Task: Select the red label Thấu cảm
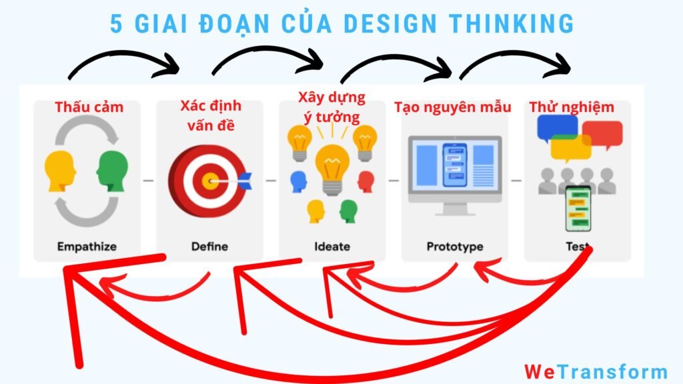point(89,107)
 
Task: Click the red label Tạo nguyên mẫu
point(453,107)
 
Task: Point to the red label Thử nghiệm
point(572,107)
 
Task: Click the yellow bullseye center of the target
point(210,181)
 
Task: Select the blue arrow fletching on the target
point(244,181)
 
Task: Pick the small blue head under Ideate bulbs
point(298,181)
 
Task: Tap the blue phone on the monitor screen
point(455,165)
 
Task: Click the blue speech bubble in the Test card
point(558,127)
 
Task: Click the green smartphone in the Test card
point(578,209)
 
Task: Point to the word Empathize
point(87,247)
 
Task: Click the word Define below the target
point(209,247)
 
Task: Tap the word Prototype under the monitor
point(455,247)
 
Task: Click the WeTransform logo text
point(596,371)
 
